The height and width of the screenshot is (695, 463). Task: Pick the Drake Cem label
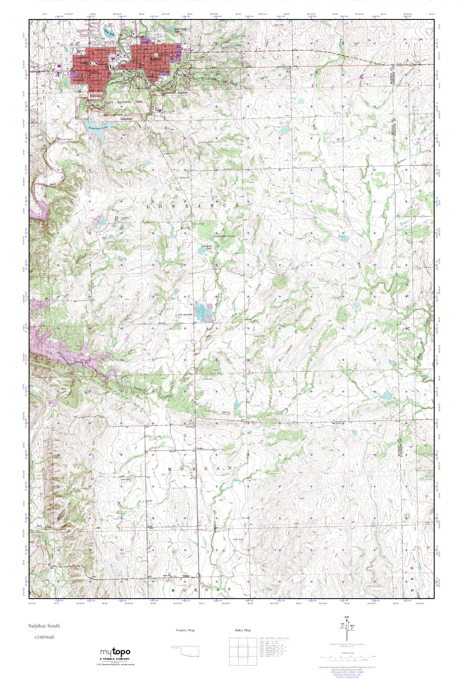125,480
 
